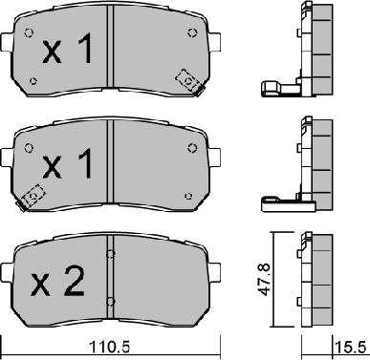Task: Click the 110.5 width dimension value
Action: tap(110, 347)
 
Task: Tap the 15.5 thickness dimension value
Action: tap(351, 347)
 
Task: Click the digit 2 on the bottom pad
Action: tap(74, 281)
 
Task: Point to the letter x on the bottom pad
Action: tap(40, 286)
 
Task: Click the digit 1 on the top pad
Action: tap(84, 48)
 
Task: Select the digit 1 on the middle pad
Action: tap(84, 163)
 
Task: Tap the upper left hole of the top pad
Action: tap(29, 32)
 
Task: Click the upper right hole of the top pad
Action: tap(192, 32)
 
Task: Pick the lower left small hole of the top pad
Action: tap(33, 81)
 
